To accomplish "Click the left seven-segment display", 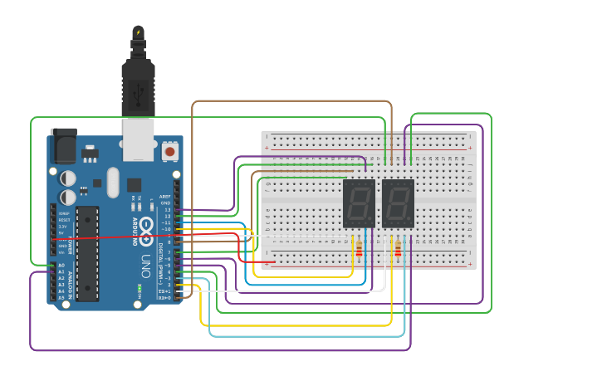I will tap(359, 203).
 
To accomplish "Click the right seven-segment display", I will tap(398, 203).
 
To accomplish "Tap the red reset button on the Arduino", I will tap(170, 151).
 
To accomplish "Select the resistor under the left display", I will tap(359, 249).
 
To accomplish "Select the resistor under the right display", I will tap(398, 249).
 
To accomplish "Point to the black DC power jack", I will tap(63, 147).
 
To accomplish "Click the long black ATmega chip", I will tap(87, 253).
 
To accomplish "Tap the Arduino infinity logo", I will tap(146, 225).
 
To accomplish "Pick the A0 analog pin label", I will tap(61, 266).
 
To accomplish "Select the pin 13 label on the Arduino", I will tap(167, 210).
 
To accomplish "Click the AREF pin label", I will tap(166, 198).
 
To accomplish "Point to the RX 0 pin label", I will tap(165, 297).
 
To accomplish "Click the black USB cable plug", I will tap(138, 87).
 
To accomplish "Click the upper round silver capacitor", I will tap(68, 178).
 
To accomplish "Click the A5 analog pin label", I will tap(61, 297).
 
